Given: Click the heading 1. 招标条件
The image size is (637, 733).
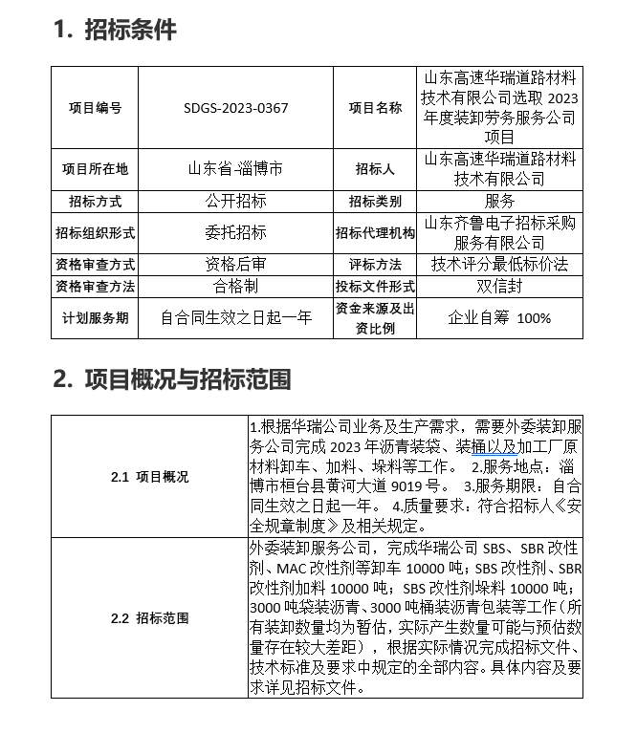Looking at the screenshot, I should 115,30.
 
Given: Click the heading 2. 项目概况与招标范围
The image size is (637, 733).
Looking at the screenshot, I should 172,379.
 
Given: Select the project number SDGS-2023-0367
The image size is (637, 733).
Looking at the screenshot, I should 235,108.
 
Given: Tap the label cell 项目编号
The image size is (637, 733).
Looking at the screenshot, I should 96,108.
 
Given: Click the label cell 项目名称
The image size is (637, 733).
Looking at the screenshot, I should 375,108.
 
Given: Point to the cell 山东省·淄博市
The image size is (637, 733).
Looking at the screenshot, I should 235,169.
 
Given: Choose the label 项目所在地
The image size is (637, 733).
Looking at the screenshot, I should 96,169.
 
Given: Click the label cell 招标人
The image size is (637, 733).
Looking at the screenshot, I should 375,169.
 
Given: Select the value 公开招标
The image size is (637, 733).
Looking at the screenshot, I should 235,202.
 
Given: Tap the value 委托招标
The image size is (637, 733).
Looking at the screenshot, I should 235,232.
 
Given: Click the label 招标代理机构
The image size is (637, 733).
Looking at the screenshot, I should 375,232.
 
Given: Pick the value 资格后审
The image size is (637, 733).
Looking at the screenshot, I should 235,264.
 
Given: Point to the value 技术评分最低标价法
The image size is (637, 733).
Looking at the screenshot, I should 499,264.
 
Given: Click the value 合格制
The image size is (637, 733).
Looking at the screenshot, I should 235,286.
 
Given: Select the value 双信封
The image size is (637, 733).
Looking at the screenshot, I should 499,286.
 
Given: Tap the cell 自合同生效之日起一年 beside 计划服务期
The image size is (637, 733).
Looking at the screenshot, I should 235,317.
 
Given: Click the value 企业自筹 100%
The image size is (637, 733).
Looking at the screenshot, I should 499,317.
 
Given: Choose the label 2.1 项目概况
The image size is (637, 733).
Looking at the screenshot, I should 149,476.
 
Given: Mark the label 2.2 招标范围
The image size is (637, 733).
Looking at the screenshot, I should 149,617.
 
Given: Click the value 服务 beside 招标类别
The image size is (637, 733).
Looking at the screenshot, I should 499,202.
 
